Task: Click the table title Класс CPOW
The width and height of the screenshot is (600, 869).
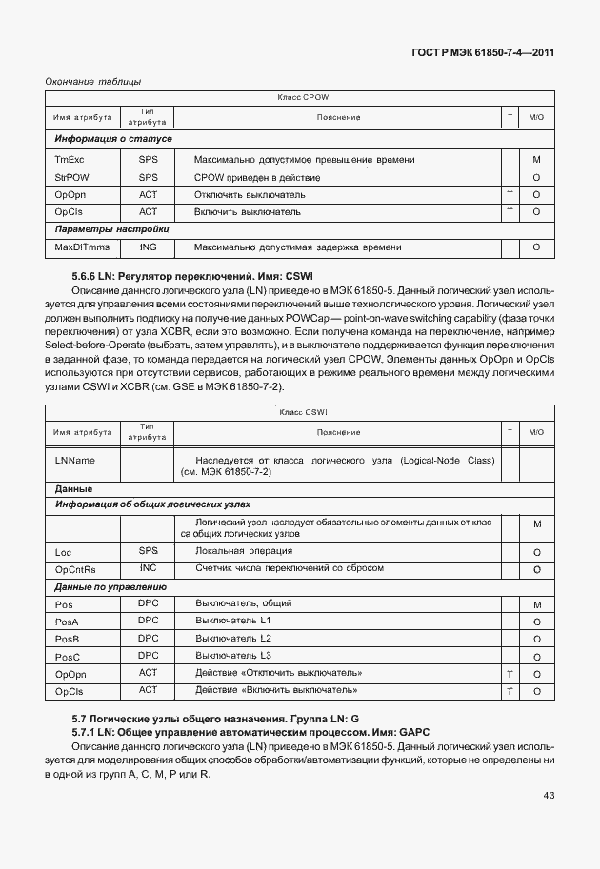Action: click(303, 98)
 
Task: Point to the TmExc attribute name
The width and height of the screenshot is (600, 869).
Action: click(70, 160)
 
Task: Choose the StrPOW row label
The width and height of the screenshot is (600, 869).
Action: click(71, 177)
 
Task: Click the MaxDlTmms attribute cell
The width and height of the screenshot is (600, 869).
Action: click(82, 247)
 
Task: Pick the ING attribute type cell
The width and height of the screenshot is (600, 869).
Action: click(148, 247)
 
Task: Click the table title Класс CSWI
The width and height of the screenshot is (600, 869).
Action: click(303, 412)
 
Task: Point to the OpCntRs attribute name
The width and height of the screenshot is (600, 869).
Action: click(76, 569)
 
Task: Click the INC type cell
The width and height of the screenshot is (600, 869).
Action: click(148, 568)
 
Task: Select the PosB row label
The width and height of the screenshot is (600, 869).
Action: click(67, 639)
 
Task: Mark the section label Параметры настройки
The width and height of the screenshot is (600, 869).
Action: click(111, 229)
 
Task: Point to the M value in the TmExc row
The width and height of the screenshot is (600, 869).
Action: click(537, 160)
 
